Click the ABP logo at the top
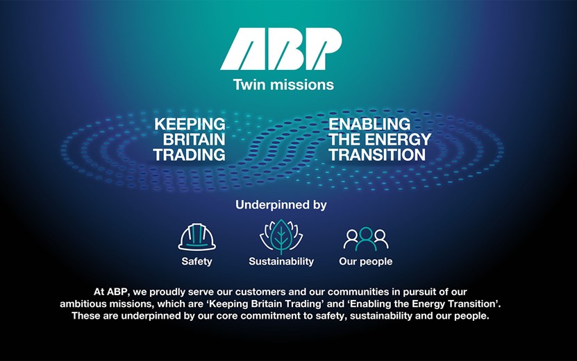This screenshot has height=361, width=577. pos(281,51)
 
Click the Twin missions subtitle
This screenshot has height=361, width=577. pos(283,85)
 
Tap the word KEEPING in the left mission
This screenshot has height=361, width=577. pos(190,124)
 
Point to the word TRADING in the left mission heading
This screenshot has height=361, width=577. pos(190,155)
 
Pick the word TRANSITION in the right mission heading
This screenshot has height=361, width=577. pos(378,155)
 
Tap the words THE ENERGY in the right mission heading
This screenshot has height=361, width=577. pos(380,139)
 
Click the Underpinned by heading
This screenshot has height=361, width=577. pos(281,205)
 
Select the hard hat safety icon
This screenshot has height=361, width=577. pos(197,236)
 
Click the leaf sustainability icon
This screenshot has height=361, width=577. pos(281,236)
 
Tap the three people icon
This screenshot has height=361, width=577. pos(366,238)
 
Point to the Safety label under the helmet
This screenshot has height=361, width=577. pos(196,262)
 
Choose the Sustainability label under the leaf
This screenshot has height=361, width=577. pos(281,262)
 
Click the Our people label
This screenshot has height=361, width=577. pos(365,262)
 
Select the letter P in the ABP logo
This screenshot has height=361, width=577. pos(320,51)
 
